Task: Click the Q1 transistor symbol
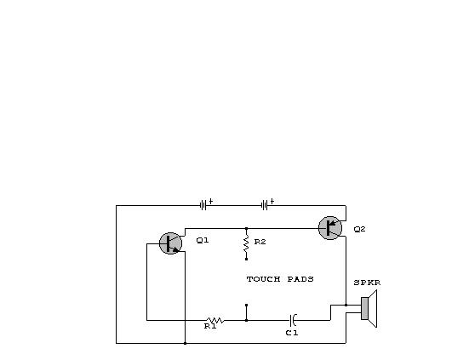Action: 170,243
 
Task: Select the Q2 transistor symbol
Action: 330,228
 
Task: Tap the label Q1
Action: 203,240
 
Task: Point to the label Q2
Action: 359,229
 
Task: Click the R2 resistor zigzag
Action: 246,243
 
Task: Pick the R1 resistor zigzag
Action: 215,320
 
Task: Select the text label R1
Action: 210,326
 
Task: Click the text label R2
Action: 260,242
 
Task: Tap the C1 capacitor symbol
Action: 293,320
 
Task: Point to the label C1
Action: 292,333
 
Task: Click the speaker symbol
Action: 369,309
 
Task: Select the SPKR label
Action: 367,283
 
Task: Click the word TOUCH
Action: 264,279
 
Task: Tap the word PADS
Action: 300,279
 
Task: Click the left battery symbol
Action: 203,205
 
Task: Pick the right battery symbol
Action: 265,205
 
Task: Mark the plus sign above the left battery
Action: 211,201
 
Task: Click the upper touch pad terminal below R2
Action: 246,259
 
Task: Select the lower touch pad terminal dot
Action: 246,305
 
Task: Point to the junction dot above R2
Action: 246,228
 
